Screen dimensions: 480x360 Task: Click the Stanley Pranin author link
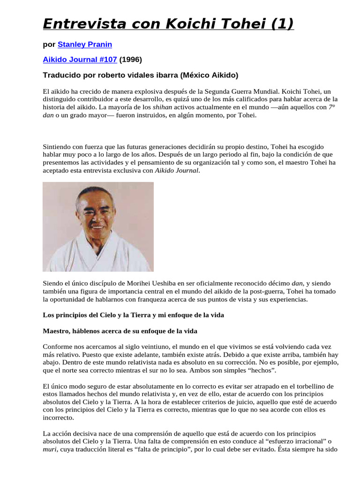pos(84,45)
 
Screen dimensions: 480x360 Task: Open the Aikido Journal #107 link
pos(80,60)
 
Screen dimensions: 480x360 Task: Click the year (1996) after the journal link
pos(130,60)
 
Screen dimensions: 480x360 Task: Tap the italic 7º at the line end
pos(332,107)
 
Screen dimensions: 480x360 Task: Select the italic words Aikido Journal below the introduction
pos(177,171)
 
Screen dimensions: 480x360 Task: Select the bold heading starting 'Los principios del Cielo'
pos(133,315)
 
